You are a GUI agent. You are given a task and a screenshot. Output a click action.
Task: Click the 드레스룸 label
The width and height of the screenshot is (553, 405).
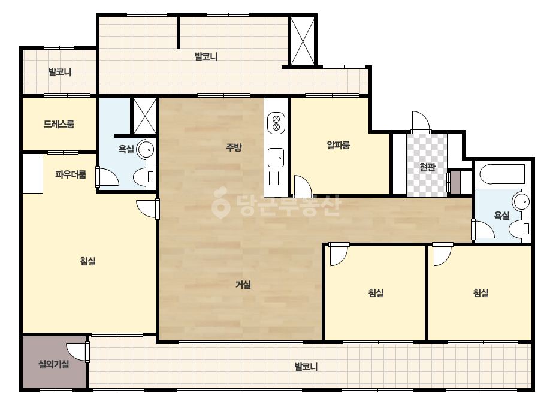[59, 124]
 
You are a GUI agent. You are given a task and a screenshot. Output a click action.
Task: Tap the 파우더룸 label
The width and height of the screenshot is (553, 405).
[71, 174]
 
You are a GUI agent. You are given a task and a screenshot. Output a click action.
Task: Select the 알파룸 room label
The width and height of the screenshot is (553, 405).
[339, 145]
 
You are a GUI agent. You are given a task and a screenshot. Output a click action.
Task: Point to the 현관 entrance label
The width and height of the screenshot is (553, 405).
[427, 167]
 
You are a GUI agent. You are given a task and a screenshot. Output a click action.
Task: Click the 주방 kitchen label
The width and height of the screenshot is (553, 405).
[234, 147]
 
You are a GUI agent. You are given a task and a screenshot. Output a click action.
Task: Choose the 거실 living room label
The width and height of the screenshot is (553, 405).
[243, 285]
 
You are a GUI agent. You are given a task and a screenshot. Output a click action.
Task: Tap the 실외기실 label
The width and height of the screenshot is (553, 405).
[53, 364]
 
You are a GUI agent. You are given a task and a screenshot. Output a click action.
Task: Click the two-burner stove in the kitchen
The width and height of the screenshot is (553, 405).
[276, 123]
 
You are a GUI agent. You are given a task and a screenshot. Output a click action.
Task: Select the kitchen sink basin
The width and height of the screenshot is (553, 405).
[276, 158]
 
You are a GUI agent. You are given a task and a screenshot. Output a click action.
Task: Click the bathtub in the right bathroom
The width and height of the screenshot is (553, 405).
[502, 174]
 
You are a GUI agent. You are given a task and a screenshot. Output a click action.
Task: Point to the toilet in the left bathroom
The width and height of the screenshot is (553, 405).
[144, 177]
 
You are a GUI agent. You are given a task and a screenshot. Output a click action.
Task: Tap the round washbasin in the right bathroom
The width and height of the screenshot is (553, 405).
[521, 202]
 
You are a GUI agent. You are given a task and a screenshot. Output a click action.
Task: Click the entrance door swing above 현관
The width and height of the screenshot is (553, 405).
[421, 122]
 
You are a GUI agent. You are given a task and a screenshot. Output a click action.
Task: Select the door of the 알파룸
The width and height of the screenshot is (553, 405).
[303, 186]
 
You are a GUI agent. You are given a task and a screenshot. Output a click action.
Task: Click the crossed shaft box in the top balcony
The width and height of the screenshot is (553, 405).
[302, 41]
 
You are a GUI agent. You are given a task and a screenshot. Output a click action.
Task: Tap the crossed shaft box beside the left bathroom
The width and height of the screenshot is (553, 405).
[144, 116]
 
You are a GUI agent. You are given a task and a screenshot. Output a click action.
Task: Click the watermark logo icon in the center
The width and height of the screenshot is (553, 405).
[220, 203]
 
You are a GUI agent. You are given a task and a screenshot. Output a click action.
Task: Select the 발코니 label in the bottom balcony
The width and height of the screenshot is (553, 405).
[306, 367]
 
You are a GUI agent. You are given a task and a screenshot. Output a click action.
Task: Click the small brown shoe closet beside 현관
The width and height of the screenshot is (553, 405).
[456, 183]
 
